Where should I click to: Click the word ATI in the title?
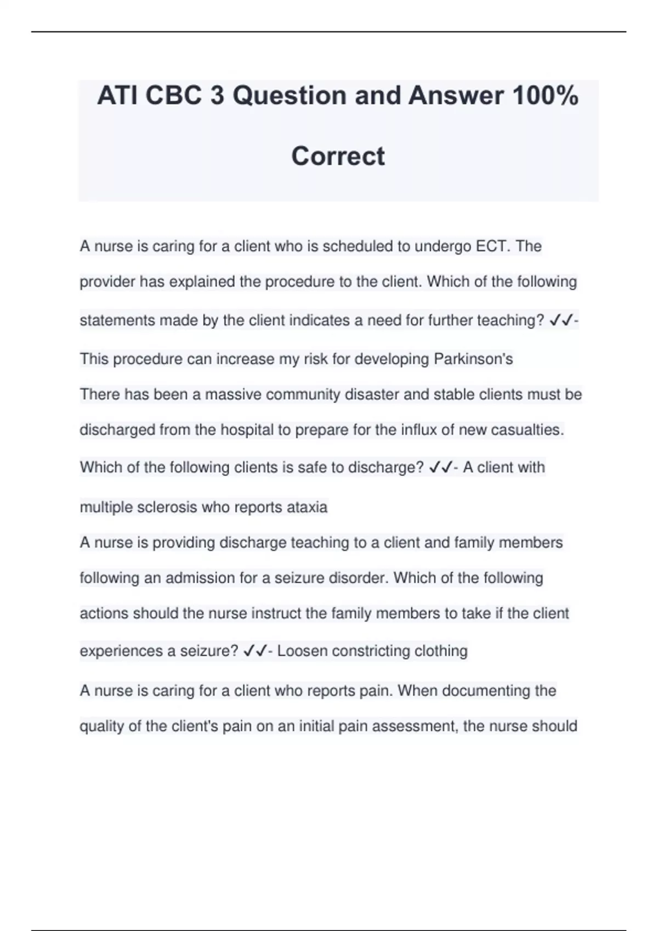[x=116, y=96]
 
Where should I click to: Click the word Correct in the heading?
[x=338, y=156]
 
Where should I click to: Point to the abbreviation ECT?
[x=493, y=246]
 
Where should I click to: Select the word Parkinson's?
[x=473, y=359]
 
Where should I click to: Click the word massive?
[x=233, y=394]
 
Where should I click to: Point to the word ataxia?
[x=307, y=507]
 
